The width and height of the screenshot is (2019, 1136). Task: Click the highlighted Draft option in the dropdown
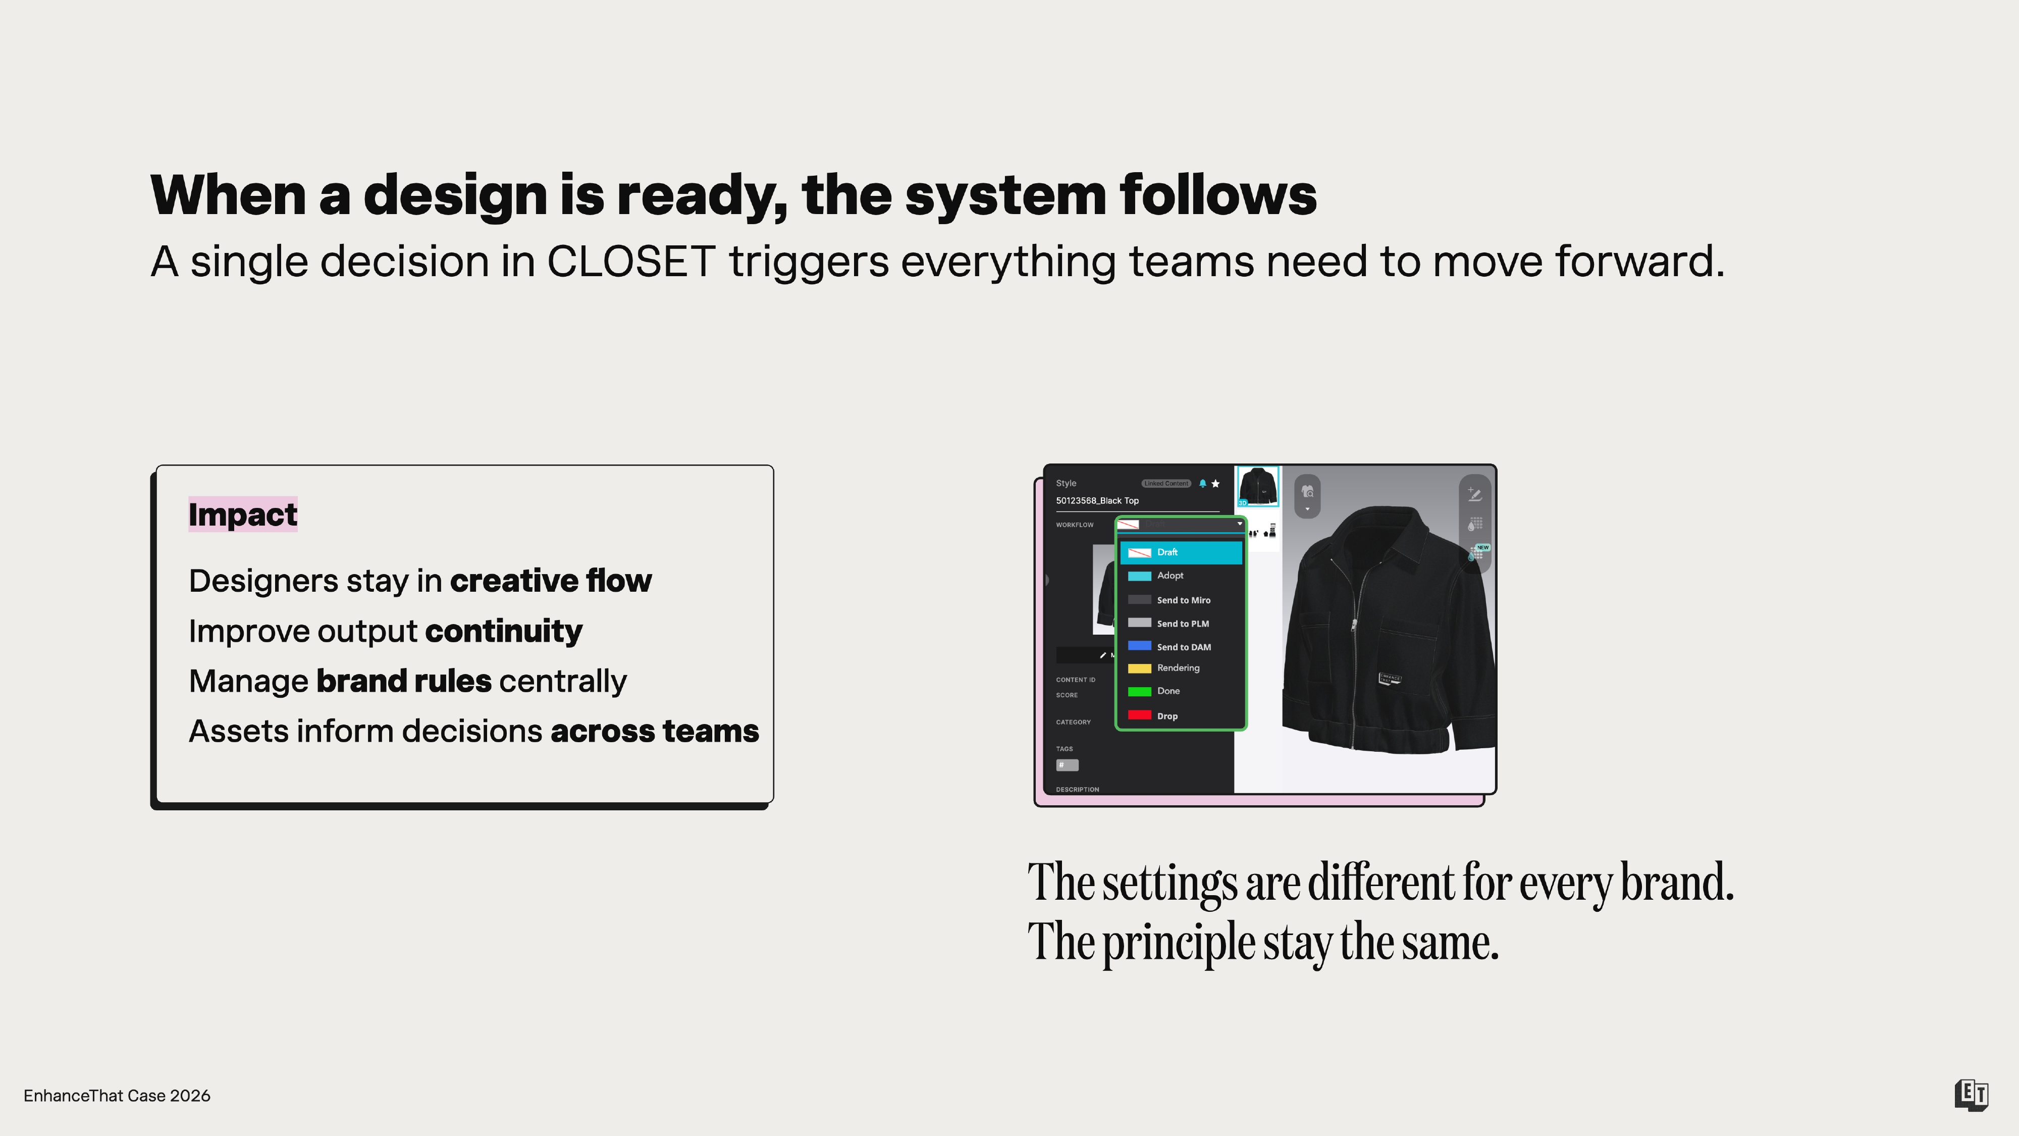1180,552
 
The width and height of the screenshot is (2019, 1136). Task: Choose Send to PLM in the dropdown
1182,623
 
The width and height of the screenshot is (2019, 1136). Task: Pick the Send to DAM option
1184,647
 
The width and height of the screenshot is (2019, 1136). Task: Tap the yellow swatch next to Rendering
1139,668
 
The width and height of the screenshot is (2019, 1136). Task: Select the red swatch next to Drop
1139,715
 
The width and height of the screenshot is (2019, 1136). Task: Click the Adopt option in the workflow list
1170,576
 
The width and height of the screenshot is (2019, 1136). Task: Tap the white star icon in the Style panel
1215,484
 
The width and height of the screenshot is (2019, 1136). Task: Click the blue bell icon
1202,484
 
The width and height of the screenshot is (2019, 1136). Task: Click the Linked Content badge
1165,484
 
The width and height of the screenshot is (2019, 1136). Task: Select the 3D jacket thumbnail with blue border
1257,486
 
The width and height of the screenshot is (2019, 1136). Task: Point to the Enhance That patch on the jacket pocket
1390,678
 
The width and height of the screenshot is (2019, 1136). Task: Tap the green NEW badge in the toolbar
1482,547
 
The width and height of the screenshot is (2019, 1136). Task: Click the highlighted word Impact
242,514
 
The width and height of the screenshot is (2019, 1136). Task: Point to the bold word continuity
503,631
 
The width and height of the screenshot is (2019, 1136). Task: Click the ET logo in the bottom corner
1971,1095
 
